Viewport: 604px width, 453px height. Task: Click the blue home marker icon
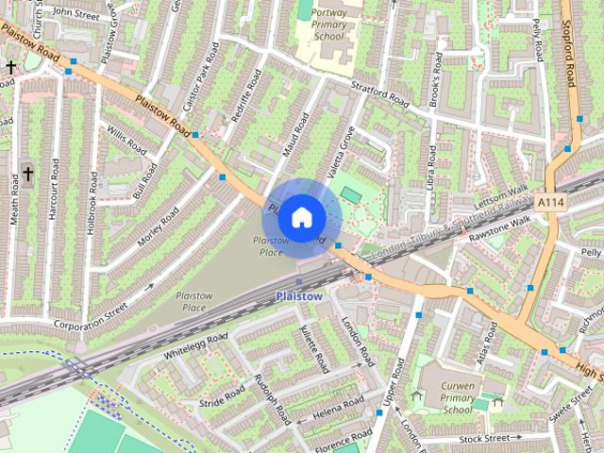(x=300, y=217)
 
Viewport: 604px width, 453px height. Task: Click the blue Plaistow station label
(x=299, y=296)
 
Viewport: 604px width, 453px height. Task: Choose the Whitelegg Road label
(x=195, y=347)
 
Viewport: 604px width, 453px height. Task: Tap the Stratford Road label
(x=381, y=95)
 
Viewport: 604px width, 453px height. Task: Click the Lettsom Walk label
(x=501, y=192)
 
